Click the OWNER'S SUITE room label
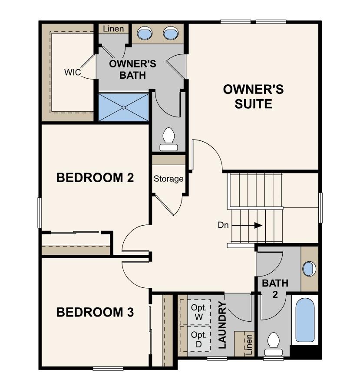(253, 97)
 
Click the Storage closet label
(168, 179)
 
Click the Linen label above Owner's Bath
(113, 29)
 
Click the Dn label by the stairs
(224, 225)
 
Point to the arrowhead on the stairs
(258, 225)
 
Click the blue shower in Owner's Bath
(124, 107)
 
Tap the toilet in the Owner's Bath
(168, 139)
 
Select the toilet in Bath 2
(274, 341)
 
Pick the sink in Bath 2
(309, 269)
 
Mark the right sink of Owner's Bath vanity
(170, 33)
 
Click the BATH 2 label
(275, 288)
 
